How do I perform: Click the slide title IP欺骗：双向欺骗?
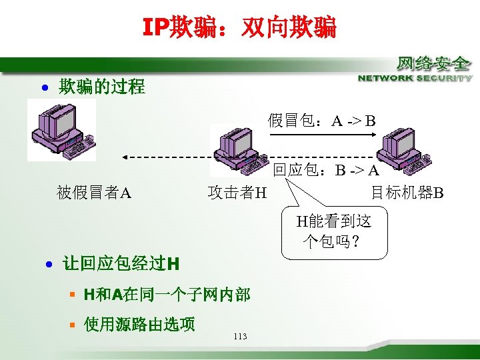pyautogui.click(x=239, y=27)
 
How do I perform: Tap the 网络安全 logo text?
pyautogui.click(x=433, y=64)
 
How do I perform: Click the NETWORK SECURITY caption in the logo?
pyautogui.click(x=415, y=78)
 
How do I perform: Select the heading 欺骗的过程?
pyautogui.click(x=101, y=87)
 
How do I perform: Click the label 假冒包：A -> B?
pyautogui.click(x=322, y=121)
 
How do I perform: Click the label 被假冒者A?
pyautogui.click(x=94, y=193)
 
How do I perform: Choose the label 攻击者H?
pyautogui.click(x=237, y=193)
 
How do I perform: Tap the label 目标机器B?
pyautogui.click(x=407, y=193)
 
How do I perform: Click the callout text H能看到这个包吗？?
pyautogui.click(x=334, y=231)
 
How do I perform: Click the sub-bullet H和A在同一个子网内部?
pyautogui.click(x=167, y=294)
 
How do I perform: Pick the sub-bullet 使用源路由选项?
pyautogui.click(x=139, y=324)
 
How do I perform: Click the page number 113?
pyautogui.click(x=241, y=337)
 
